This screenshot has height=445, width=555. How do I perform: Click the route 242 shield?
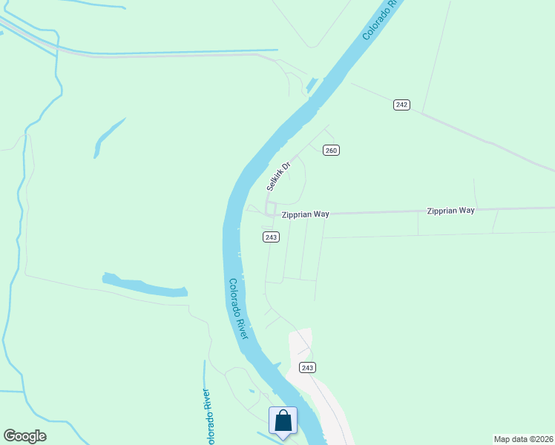401,105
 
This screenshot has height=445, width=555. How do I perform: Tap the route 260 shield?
331,151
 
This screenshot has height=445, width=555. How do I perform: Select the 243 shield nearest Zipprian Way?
271,237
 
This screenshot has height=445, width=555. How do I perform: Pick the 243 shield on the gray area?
308,368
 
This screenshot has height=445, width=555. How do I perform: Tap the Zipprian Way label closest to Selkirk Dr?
305,214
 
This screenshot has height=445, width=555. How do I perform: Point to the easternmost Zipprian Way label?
450,211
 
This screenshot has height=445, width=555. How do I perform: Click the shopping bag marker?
283,421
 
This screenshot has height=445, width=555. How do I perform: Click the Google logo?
24,436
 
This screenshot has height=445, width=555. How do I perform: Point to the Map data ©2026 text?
522,438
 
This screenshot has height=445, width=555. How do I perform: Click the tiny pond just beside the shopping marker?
252,392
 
